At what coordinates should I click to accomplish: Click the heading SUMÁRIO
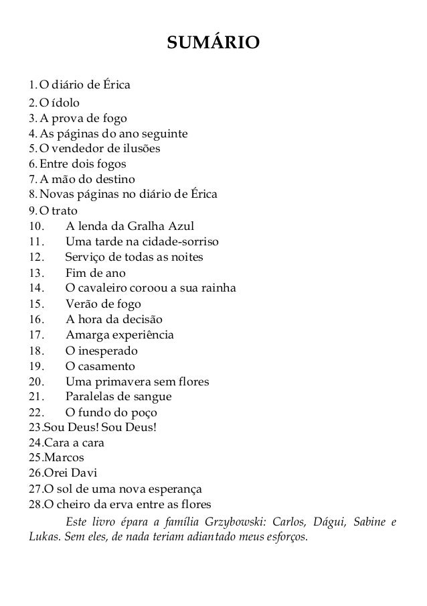[213, 44]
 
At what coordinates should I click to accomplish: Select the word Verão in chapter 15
[82, 304]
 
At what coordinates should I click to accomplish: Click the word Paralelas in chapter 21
[90, 398]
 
